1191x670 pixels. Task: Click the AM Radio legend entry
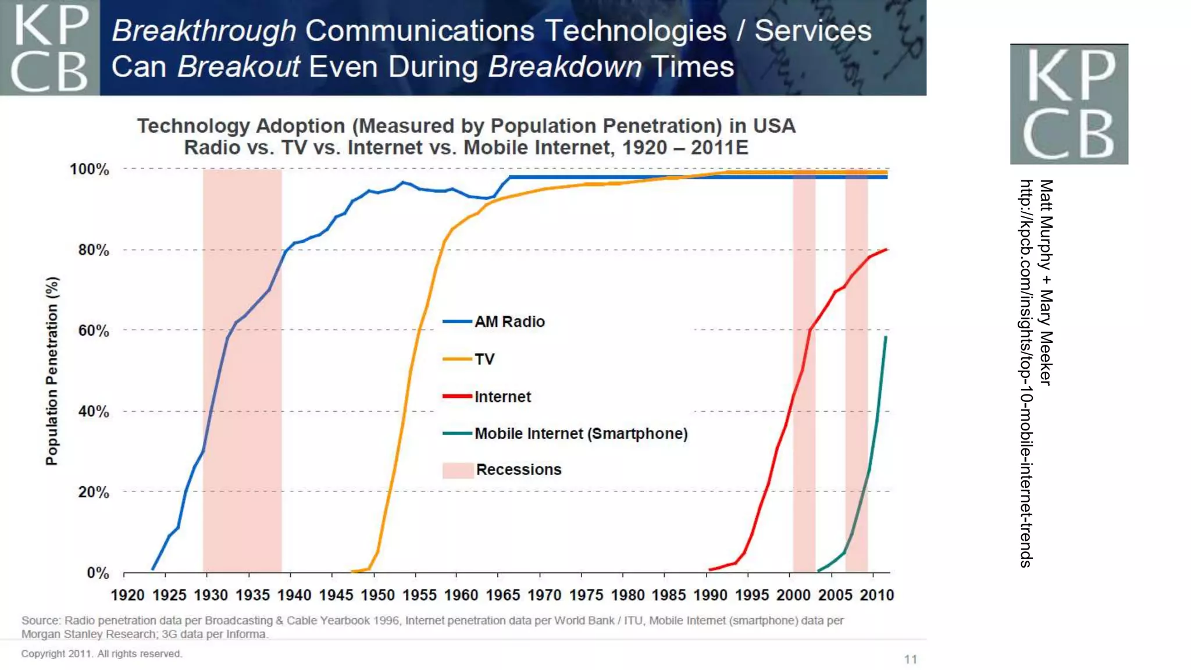click(x=509, y=322)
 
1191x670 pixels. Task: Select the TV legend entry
click(x=484, y=359)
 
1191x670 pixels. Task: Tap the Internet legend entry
click(x=502, y=397)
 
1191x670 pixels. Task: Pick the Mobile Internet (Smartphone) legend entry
click(x=580, y=433)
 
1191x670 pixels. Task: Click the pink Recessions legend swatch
click(x=458, y=470)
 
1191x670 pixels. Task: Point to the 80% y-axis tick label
click(x=94, y=250)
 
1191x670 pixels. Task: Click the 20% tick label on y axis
click(x=94, y=492)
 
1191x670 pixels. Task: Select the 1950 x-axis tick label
click(x=377, y=595)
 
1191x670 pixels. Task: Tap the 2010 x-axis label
click(x=876, y=595)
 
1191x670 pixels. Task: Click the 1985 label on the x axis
click(x=669, y=595)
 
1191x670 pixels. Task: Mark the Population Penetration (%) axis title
click(x=52, y=371)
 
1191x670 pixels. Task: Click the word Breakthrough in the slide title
click(x=204, y=31)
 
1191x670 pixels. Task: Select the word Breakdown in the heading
click(x=565, y=67)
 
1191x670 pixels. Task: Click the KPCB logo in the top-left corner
click(x=49, y=48)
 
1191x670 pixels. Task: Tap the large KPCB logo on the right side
click(x=1069, y=104)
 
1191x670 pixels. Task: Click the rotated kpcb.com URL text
click(x=1026, y=372)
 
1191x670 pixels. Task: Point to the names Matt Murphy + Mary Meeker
click(x=1046, y=282)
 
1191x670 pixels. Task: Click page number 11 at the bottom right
click(x=910, y=659)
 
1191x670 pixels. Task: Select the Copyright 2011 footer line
click(x=102, y=654)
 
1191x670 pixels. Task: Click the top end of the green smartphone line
click(x=886, y=337)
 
